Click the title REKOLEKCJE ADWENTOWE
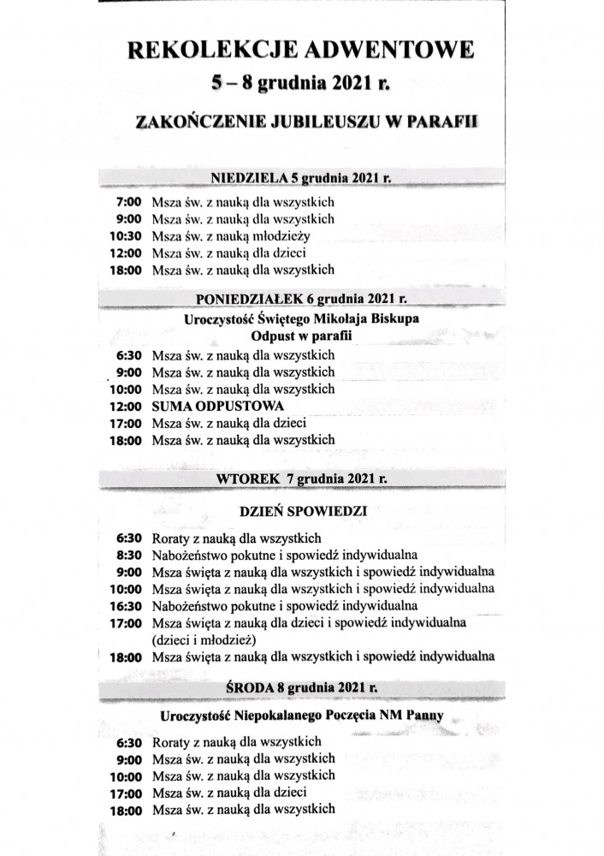point(299,51)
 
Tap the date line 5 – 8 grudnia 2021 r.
point(299,84)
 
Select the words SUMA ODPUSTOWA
point(217,406)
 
